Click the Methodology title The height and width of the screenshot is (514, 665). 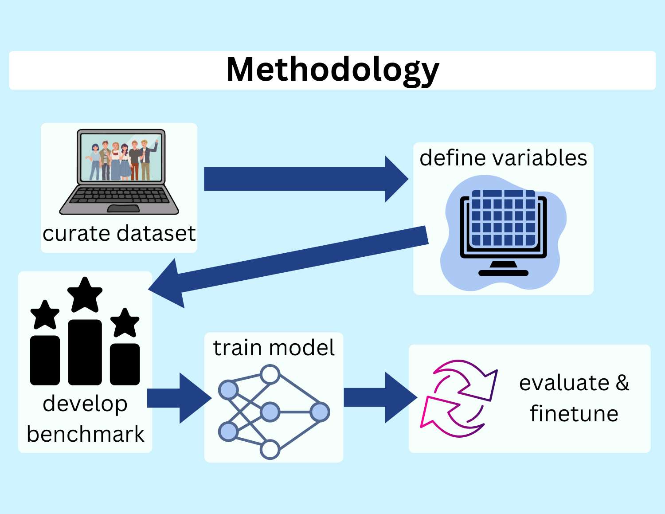click(332, 70)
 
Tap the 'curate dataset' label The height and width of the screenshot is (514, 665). click(119, 233)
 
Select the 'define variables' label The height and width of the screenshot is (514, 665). click(503, 158)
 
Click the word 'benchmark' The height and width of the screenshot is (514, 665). click(85, 434)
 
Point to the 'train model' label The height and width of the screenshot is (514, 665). click(274, 348)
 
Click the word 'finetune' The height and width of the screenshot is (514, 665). click(574, 414)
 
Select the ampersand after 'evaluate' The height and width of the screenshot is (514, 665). click(622, 383)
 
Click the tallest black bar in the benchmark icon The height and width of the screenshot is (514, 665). click(85, 352)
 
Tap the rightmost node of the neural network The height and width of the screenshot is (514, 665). click(320, 412)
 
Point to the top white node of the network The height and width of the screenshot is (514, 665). click(270, 375)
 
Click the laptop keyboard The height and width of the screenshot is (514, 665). click(119, 195)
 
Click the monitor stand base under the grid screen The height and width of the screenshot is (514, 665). click(503, 272)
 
